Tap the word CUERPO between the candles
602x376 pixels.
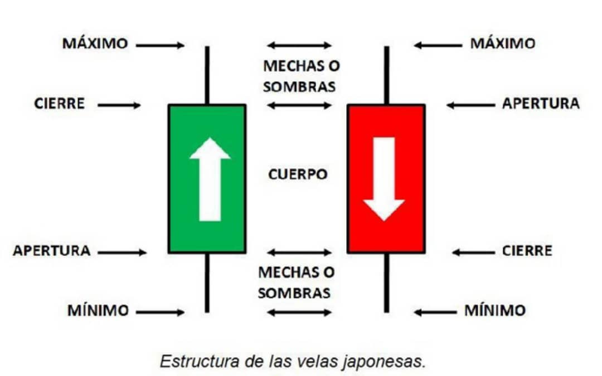[x=298, y=174]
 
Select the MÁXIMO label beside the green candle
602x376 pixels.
[x=95, y=43]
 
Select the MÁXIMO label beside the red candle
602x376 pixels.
[x=503, y=43]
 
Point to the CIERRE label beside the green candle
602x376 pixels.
[x=60, y=104]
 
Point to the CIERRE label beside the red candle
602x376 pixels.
[x=527, y=251]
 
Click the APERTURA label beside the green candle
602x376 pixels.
[x=52, y=251]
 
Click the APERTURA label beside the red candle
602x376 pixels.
[x=541, y=104]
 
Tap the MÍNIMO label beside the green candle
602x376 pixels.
[x=98, y=310]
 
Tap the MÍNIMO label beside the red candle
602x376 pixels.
[x=496, y=310]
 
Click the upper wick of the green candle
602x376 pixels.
[x=207, y=75]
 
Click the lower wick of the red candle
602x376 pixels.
[x=387, y=283]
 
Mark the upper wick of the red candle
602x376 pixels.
[x=387, y=75]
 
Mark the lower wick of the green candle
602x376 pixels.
[x=207, y=283]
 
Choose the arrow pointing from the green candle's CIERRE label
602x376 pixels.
[x=119, y=105]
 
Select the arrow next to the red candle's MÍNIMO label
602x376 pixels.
[x=435, y=312]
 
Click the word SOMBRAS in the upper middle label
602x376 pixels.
[x=299, y=87]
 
